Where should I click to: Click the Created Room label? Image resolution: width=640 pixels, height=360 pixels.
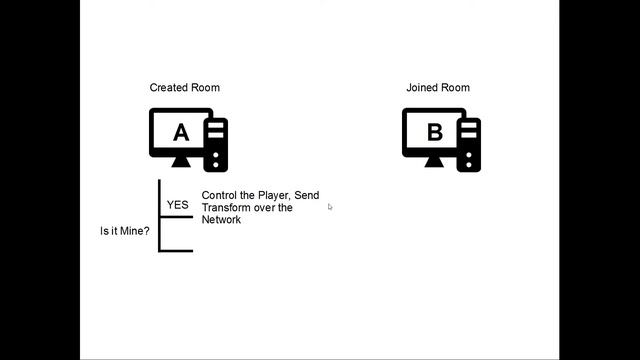coord(184,88)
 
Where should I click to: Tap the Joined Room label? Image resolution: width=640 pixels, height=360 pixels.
coord(437,88)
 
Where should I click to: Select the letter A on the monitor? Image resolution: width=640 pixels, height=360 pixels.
coord(180,132)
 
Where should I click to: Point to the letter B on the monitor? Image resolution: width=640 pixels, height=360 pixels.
coord(434,132)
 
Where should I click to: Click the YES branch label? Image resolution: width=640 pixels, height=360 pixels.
coord(177,205)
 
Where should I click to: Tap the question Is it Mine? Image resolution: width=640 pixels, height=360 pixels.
coord(124,231)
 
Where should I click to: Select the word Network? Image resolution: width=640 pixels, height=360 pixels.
coord(221,220)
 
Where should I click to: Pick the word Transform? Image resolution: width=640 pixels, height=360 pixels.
coord(227,208)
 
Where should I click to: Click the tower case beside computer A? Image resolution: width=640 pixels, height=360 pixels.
coord(216,145)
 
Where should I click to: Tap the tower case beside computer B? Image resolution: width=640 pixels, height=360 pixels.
coord(469,145)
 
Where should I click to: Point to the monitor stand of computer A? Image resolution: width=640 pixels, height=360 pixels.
coord(180,162)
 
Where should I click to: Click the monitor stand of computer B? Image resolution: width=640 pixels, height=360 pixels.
coord(434,162)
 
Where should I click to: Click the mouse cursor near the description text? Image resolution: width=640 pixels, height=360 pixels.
coord(329,207)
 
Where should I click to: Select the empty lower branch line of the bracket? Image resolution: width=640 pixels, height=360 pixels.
coord(177,250)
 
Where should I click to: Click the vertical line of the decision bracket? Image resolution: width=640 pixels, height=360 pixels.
coord(160,215)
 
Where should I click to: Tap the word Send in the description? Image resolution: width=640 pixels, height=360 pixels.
coord(306,196)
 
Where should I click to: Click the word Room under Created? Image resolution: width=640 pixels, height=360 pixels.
coord(206,88)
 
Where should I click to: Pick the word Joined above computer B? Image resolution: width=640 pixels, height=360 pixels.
coord(422,88)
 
